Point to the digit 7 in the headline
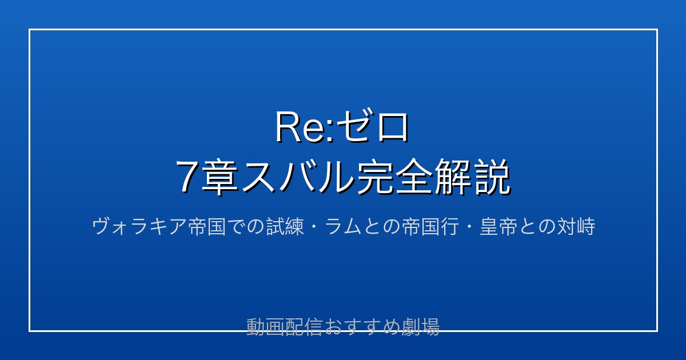point(188,177)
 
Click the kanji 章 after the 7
point(220,177)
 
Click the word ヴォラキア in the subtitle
point(139,226)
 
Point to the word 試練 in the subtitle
point(285,226)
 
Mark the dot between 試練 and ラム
point(314,227)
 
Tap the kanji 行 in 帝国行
point(449,226)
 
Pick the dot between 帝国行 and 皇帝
point(469,227)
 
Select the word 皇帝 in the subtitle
point(498,226)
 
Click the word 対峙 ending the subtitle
point(576,226)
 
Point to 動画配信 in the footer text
point(284,327)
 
